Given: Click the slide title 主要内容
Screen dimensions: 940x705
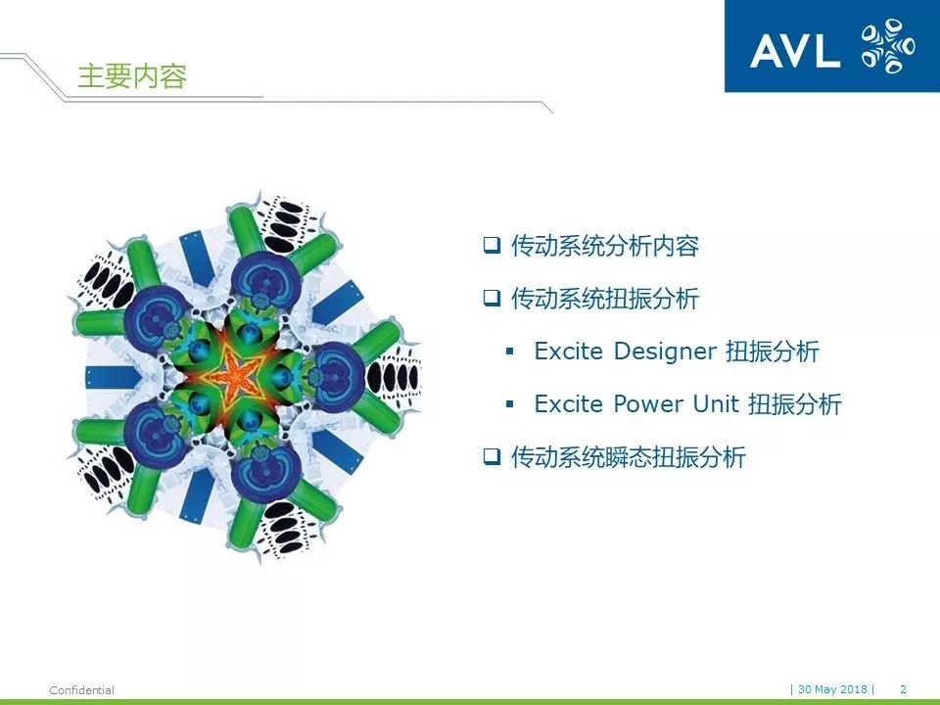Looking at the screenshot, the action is [132, 76].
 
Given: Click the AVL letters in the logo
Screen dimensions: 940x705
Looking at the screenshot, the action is [795, 50].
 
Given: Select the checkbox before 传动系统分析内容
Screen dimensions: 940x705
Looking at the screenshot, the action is [492, 245].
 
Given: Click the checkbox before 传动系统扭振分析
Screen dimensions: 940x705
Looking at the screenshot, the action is [492, 298].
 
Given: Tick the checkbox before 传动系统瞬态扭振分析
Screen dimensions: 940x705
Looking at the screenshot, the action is [492, 457].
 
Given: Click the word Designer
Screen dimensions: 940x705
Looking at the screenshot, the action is [665, 352].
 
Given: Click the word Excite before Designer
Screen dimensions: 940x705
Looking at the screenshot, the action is [568, 352].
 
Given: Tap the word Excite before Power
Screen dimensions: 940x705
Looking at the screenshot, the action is [568, 404].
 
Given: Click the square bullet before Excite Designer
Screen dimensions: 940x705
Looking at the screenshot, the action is [510, 352].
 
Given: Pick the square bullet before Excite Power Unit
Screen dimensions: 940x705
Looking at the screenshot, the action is [510, 404].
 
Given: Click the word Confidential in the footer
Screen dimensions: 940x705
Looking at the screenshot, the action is [81, 690].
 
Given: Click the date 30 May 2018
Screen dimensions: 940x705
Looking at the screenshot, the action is [832, 689].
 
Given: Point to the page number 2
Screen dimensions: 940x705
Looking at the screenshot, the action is [904, 689].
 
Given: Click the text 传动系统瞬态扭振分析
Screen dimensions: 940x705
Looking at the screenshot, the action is [629, 457].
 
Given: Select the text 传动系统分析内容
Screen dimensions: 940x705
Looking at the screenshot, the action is [605, 246].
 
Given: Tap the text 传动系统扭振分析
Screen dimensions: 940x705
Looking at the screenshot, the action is [605, 299].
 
